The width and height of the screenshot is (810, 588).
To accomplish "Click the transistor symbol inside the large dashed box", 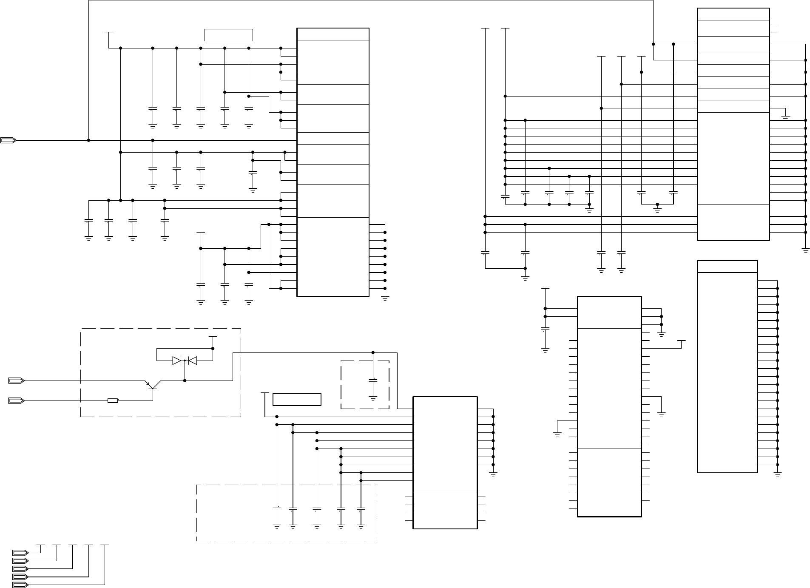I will [x=152, y=384].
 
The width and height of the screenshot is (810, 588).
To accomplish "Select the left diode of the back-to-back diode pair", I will [x=177, y=361].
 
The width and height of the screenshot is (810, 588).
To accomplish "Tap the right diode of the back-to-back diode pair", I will [x=192, y=361].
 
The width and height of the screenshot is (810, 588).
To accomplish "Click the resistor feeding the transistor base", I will [x=113, y=401].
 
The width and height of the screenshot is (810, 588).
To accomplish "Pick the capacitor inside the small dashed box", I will [x=373, y=381].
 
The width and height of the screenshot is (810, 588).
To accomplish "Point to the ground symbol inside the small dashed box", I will [x=373, y=398].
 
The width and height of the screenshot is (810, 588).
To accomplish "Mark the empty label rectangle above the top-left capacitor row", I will [x=229, y=35].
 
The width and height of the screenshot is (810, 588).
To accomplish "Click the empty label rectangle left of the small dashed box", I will [x=297, y=400].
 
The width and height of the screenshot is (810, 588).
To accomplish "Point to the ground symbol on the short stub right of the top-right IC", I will [x=785, y=116].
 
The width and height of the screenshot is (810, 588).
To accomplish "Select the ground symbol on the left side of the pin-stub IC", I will [x=557, y=434].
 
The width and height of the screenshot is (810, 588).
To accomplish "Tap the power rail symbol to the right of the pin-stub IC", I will [x=681, y=341].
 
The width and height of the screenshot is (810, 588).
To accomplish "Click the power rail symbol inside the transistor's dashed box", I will [x=213, y=337].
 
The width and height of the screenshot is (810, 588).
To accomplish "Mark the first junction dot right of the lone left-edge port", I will [x=88, y=140].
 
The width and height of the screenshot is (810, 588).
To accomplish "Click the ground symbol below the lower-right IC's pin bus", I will [x=778, y=474].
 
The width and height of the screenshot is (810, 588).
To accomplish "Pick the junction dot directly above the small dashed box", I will [x=373, y=352].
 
